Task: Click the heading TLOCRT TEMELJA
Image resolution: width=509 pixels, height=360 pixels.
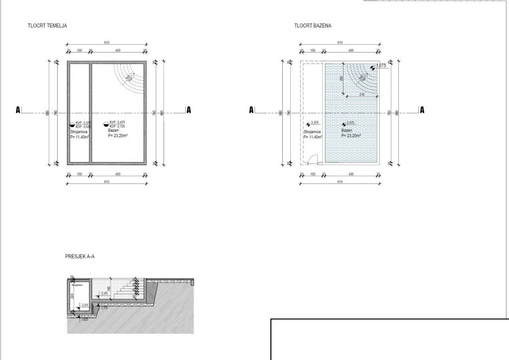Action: click(48, 25)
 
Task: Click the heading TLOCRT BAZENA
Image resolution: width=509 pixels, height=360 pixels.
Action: click(312, 25)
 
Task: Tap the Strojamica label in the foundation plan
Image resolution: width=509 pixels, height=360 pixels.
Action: click(79, 132)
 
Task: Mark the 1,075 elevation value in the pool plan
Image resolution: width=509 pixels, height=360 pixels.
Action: click(381, 66)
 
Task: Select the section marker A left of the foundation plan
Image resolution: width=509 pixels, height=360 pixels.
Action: click(18, 110)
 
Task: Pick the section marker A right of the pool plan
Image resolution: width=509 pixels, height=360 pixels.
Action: click(422, 110)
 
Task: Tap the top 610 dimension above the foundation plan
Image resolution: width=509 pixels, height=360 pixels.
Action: click(107, 43)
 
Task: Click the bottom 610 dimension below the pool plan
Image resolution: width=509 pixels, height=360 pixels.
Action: click(340, 182)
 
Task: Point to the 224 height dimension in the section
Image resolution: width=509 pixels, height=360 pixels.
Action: click(72, 296)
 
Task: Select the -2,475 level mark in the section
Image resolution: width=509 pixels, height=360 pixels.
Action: click(104, 294)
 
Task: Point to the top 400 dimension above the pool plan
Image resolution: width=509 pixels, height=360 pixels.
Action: click(351, 51)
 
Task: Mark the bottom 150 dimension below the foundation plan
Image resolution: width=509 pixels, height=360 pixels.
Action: click(79, 175)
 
